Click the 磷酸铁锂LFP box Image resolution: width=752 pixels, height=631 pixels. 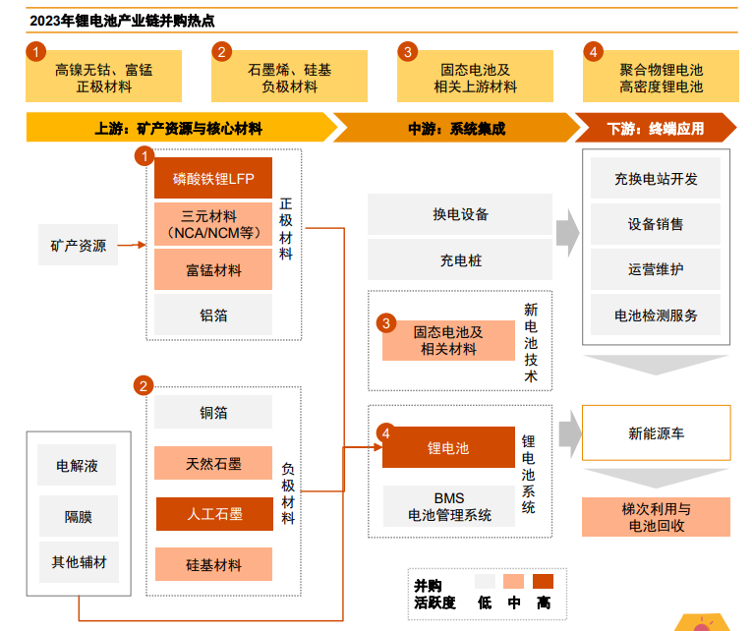(x=213, y=179)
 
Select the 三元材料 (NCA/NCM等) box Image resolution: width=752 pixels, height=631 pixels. (x=213, y=224)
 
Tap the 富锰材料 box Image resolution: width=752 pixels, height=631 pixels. (x=213, y=270)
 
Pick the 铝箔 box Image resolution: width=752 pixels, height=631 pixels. (x=213, y=315)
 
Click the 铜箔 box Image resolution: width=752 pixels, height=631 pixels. (x=213, y=414)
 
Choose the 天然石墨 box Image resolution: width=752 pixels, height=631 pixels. (x=213, y=463)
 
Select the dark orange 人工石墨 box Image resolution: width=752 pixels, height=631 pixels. (x=213, y=514)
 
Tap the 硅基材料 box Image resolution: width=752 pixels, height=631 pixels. (x=213, y=565)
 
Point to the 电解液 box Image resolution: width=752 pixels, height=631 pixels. (x=79, y=466)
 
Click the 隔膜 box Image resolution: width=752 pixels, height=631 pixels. (x=79, y=515)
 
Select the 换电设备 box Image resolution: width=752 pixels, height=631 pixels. (x=460, y=214)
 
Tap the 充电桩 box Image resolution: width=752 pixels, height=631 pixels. (x=460, y=261)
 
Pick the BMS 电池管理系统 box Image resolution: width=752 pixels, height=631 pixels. (x=448, y=506)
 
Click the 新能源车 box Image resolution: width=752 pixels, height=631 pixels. (x=656, y=432)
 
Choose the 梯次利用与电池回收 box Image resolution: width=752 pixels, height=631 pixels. (x=656, y=517)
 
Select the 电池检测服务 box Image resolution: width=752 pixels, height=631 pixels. (x=656, y=315)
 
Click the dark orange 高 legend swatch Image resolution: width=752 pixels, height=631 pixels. (x=543, y=581)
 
